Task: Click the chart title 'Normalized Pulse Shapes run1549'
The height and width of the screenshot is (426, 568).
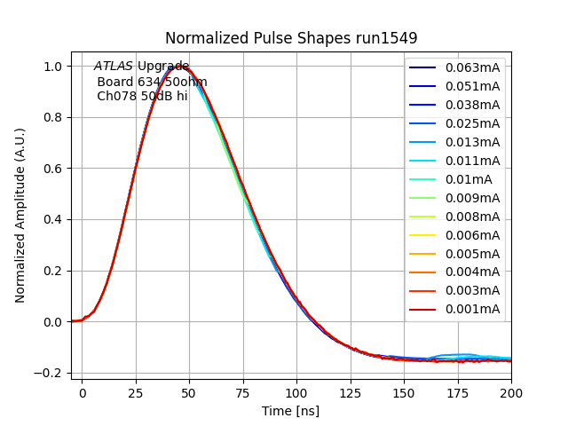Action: [291, 38]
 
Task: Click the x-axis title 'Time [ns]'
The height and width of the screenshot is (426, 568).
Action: [290, 411]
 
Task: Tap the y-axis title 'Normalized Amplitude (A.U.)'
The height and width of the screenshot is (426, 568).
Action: [20, 216]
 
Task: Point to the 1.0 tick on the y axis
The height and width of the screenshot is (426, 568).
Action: [53, 67]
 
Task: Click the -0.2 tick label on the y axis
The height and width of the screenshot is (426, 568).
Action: [50, 374]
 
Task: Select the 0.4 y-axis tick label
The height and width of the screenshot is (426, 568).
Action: [53, 220]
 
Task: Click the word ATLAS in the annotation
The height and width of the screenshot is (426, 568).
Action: [114, 67]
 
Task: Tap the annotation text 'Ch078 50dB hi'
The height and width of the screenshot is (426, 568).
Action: [142, 96]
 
